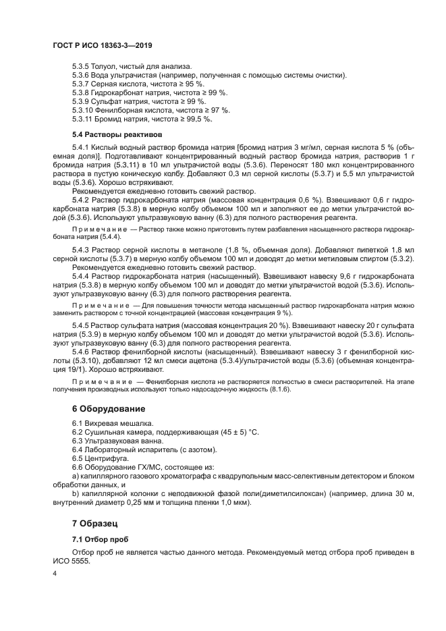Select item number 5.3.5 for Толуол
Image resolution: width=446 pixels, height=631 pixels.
pos(80,66)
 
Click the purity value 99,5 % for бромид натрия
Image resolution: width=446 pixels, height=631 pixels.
pos(197,119)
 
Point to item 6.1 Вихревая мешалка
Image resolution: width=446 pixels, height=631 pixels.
pos(108,423)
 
